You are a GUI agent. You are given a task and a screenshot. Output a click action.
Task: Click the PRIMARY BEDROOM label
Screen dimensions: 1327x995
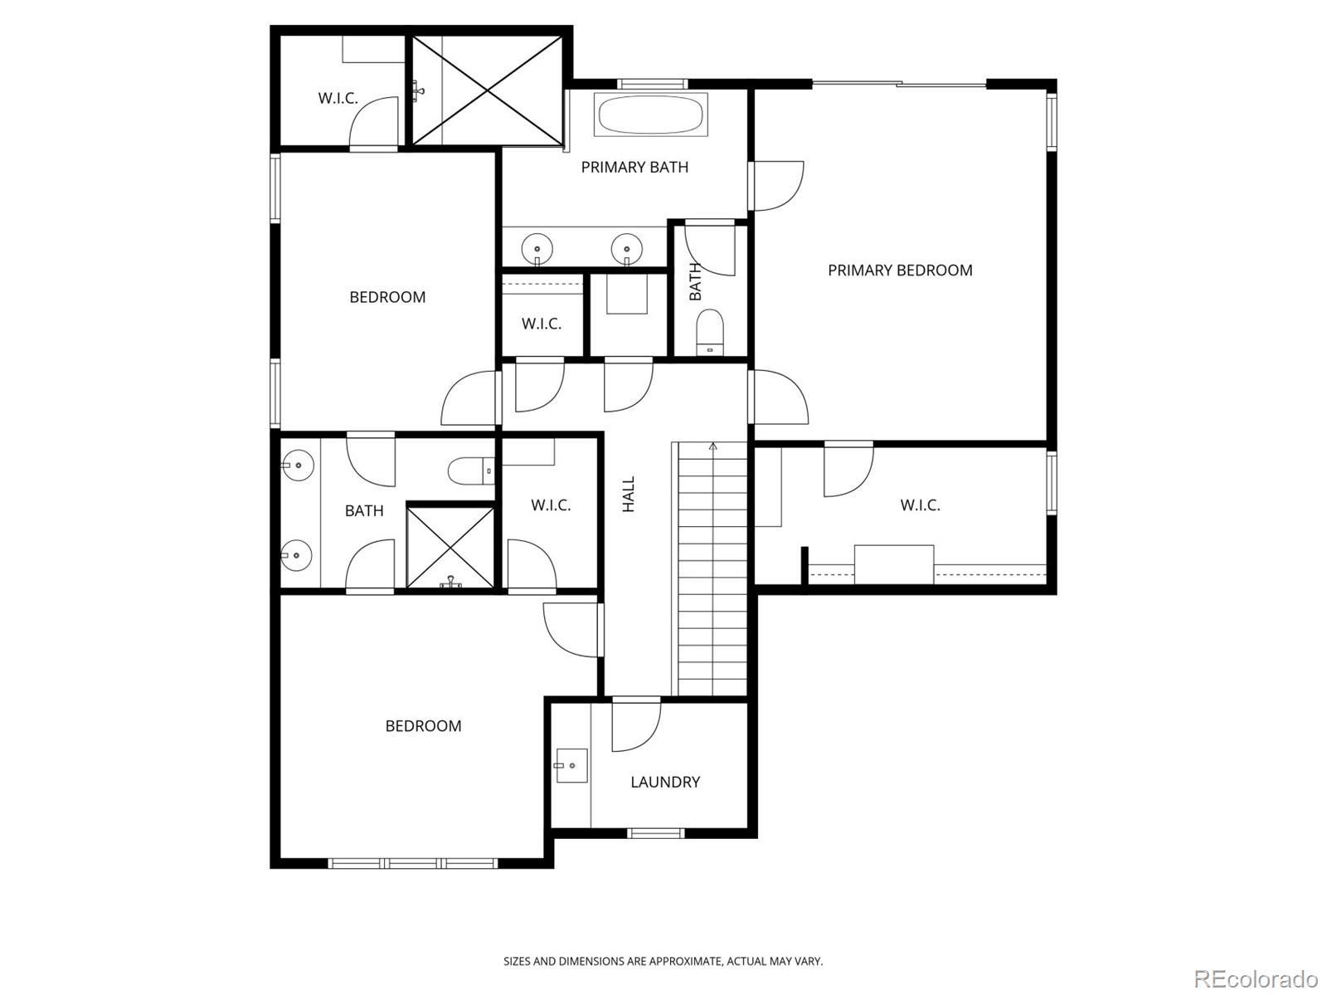pyautogui.click(x=900, y=271)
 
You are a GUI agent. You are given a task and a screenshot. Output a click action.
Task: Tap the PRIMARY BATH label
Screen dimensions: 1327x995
pyautogui.click(x=634, y=168)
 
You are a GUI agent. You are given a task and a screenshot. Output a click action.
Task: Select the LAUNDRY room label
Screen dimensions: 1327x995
pyautogui.click(x=665, y=782)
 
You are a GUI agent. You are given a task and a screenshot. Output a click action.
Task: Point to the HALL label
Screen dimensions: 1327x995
pyautogui.click(x=629, y=494)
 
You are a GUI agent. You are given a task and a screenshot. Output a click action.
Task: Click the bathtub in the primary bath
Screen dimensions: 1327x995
pyautogui.click(x=651, y=115)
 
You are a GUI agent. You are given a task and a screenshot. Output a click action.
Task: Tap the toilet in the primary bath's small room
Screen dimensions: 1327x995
pyautogui.click(x=710, y=332)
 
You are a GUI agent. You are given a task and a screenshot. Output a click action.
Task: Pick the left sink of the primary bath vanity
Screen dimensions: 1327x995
pyautogui.click(x=537, y=249)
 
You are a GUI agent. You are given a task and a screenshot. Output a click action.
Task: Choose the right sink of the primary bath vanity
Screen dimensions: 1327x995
pyautogui.click(x=626, y=249)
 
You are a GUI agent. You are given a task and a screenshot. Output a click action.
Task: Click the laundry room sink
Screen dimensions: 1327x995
pyautogui.click(x=571, y=766)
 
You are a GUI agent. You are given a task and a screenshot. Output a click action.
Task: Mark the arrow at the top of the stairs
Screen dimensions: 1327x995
pyautogui.click(x=712, y=447)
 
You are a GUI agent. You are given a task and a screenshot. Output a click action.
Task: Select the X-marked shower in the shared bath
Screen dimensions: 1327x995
pyautogui.click(x=450, y=548)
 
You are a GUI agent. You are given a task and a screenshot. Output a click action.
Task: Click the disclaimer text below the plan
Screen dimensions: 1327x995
pyautogui.click(x=663, y=961)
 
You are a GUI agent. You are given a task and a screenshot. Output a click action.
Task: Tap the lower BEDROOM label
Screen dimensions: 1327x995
pyautogui.click(x=423, y=726)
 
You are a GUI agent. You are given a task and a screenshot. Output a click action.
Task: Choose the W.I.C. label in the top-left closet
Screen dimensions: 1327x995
pyautogui.click(x=338, y=98)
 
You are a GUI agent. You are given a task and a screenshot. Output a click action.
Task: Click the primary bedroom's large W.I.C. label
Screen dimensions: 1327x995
pyautogui.click(x=920, y=505)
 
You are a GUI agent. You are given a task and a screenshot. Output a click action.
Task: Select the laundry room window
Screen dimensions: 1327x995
pyautogui.click(x=656, y=833)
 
